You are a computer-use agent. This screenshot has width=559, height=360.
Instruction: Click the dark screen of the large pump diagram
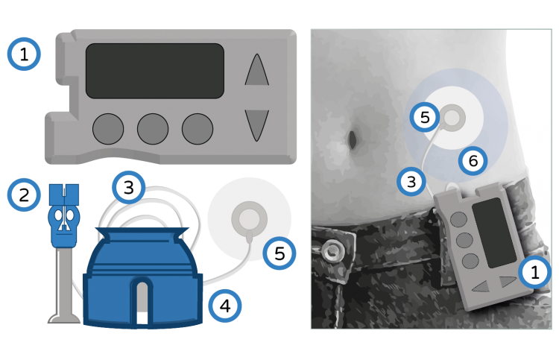click(x=155, y=71)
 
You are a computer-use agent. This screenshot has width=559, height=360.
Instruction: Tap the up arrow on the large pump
click(x=256, y=70)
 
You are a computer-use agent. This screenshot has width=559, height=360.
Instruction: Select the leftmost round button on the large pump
click(x=108, y=129)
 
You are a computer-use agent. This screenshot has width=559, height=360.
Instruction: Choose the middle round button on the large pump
click(x=153, y=129)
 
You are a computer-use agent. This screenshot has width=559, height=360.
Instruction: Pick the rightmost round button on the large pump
click(x=198, y=129)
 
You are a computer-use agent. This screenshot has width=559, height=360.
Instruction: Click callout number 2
click(x=24, y=195)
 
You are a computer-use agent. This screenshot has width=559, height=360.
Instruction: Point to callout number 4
click(x=224, y=306)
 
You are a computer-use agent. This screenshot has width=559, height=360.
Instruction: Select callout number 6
click(x=473, y=161)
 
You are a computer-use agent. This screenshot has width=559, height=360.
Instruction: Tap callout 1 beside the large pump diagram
click(x=24, y=54)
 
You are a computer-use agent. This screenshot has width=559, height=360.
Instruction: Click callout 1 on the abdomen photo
click(x=534, y=272)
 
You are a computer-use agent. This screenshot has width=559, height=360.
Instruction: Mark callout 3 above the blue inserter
click(x=128, y=188)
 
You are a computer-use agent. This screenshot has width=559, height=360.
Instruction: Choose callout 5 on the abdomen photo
click(x=425, y=117)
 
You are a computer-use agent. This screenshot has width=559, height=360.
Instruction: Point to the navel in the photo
click(x=353, y=139)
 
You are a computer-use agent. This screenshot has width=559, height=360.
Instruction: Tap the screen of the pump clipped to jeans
click(x=494, y=233)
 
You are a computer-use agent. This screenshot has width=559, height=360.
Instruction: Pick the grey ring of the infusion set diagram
click(x=250, y=218)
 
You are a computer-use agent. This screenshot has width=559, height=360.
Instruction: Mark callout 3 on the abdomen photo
click(x=411, y=181)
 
